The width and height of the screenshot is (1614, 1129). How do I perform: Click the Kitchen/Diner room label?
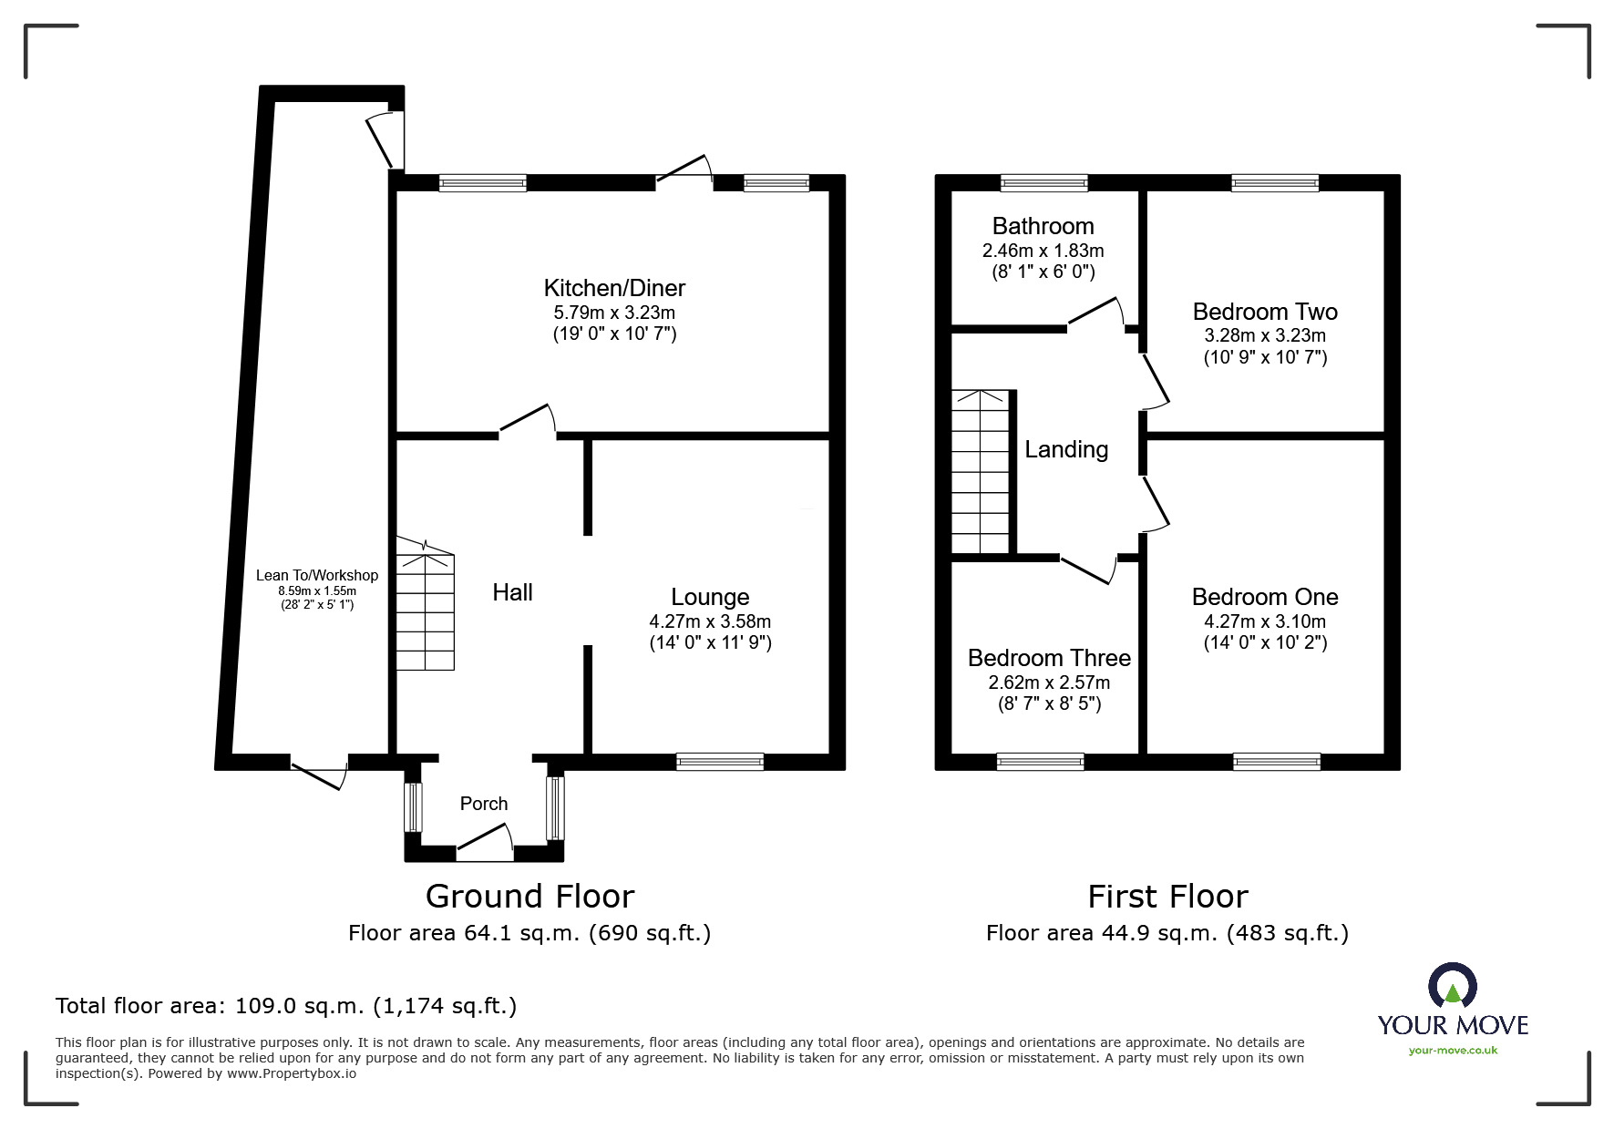click(x=614, y=288)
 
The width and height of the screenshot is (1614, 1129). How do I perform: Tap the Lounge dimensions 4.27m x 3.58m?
click(x=710, y=621)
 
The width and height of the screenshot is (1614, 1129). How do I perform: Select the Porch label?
click(x=483, y=804)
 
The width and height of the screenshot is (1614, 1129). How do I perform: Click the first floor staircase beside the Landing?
click(x=981, y=472)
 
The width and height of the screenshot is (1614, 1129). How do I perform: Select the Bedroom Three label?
click(x=1049, y=658)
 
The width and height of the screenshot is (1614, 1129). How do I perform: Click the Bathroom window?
click(x=1043, y=183)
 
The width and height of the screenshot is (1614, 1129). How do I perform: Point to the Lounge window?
click(x=720, y=762)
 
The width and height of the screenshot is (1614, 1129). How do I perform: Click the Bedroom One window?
click(x=1276, y=762)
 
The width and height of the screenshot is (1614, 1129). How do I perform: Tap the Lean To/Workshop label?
click(x=316, y=575)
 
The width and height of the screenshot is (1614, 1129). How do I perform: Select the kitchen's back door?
click(x=684, y=170)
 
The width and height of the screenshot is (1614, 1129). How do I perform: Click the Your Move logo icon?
click(x=1452, y=986)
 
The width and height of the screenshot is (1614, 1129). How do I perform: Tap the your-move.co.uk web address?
click(x=1453, y=1051)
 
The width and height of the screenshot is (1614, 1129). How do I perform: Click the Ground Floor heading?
click(x=529, y=897)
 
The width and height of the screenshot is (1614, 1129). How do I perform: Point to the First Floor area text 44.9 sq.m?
click(x=1167, y=933)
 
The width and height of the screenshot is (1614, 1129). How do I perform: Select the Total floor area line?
click(x=286, y=1006)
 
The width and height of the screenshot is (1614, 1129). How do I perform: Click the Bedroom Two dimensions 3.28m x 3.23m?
click(x=1265, y=335)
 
